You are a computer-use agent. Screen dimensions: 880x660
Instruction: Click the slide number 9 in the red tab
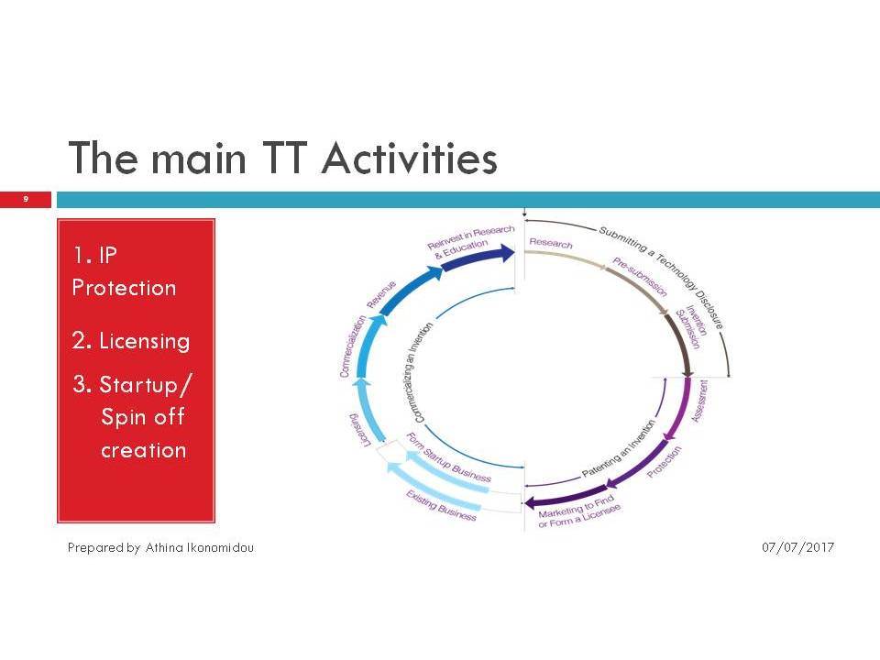click(x=26, y=199)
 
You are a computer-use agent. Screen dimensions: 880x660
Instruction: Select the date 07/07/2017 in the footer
click(x=797, y=547)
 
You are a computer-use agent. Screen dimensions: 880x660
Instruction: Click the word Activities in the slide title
click(x=409, y=159)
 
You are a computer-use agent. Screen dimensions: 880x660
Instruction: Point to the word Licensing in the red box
click(x=144, y=341)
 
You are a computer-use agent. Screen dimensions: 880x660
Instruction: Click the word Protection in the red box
click(x=124, y=288)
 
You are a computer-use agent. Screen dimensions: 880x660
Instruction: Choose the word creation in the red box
click(x=144, y=450)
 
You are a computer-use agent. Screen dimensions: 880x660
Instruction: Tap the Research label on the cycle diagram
click(x=551, y=243)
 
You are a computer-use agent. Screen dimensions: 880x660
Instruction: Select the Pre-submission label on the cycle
click(x=640, y=277)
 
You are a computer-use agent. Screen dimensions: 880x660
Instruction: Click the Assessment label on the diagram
click(x=699, y=401)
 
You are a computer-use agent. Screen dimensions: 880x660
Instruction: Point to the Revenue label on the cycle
click(x=381, y=294)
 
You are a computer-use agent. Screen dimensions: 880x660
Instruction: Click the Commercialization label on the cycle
click(x=352, y=346)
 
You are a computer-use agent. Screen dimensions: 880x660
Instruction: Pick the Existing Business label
click(x=441, y=506)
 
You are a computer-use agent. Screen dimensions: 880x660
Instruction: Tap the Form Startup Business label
click(x=448, y=458)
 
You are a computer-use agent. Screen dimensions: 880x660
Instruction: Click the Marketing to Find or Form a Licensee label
click(x=579, y=511)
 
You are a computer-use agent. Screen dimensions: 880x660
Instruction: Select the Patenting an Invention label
click(x=618, y=449)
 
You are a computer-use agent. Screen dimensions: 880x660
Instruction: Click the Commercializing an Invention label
click(x=423, y=372)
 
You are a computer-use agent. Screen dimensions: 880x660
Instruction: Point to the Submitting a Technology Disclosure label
click(x=661, y=277)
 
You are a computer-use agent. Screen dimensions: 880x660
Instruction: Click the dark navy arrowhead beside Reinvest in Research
click(x=509, y=253)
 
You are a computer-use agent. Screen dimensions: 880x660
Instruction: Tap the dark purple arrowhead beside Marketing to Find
click(x=529, y=503)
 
